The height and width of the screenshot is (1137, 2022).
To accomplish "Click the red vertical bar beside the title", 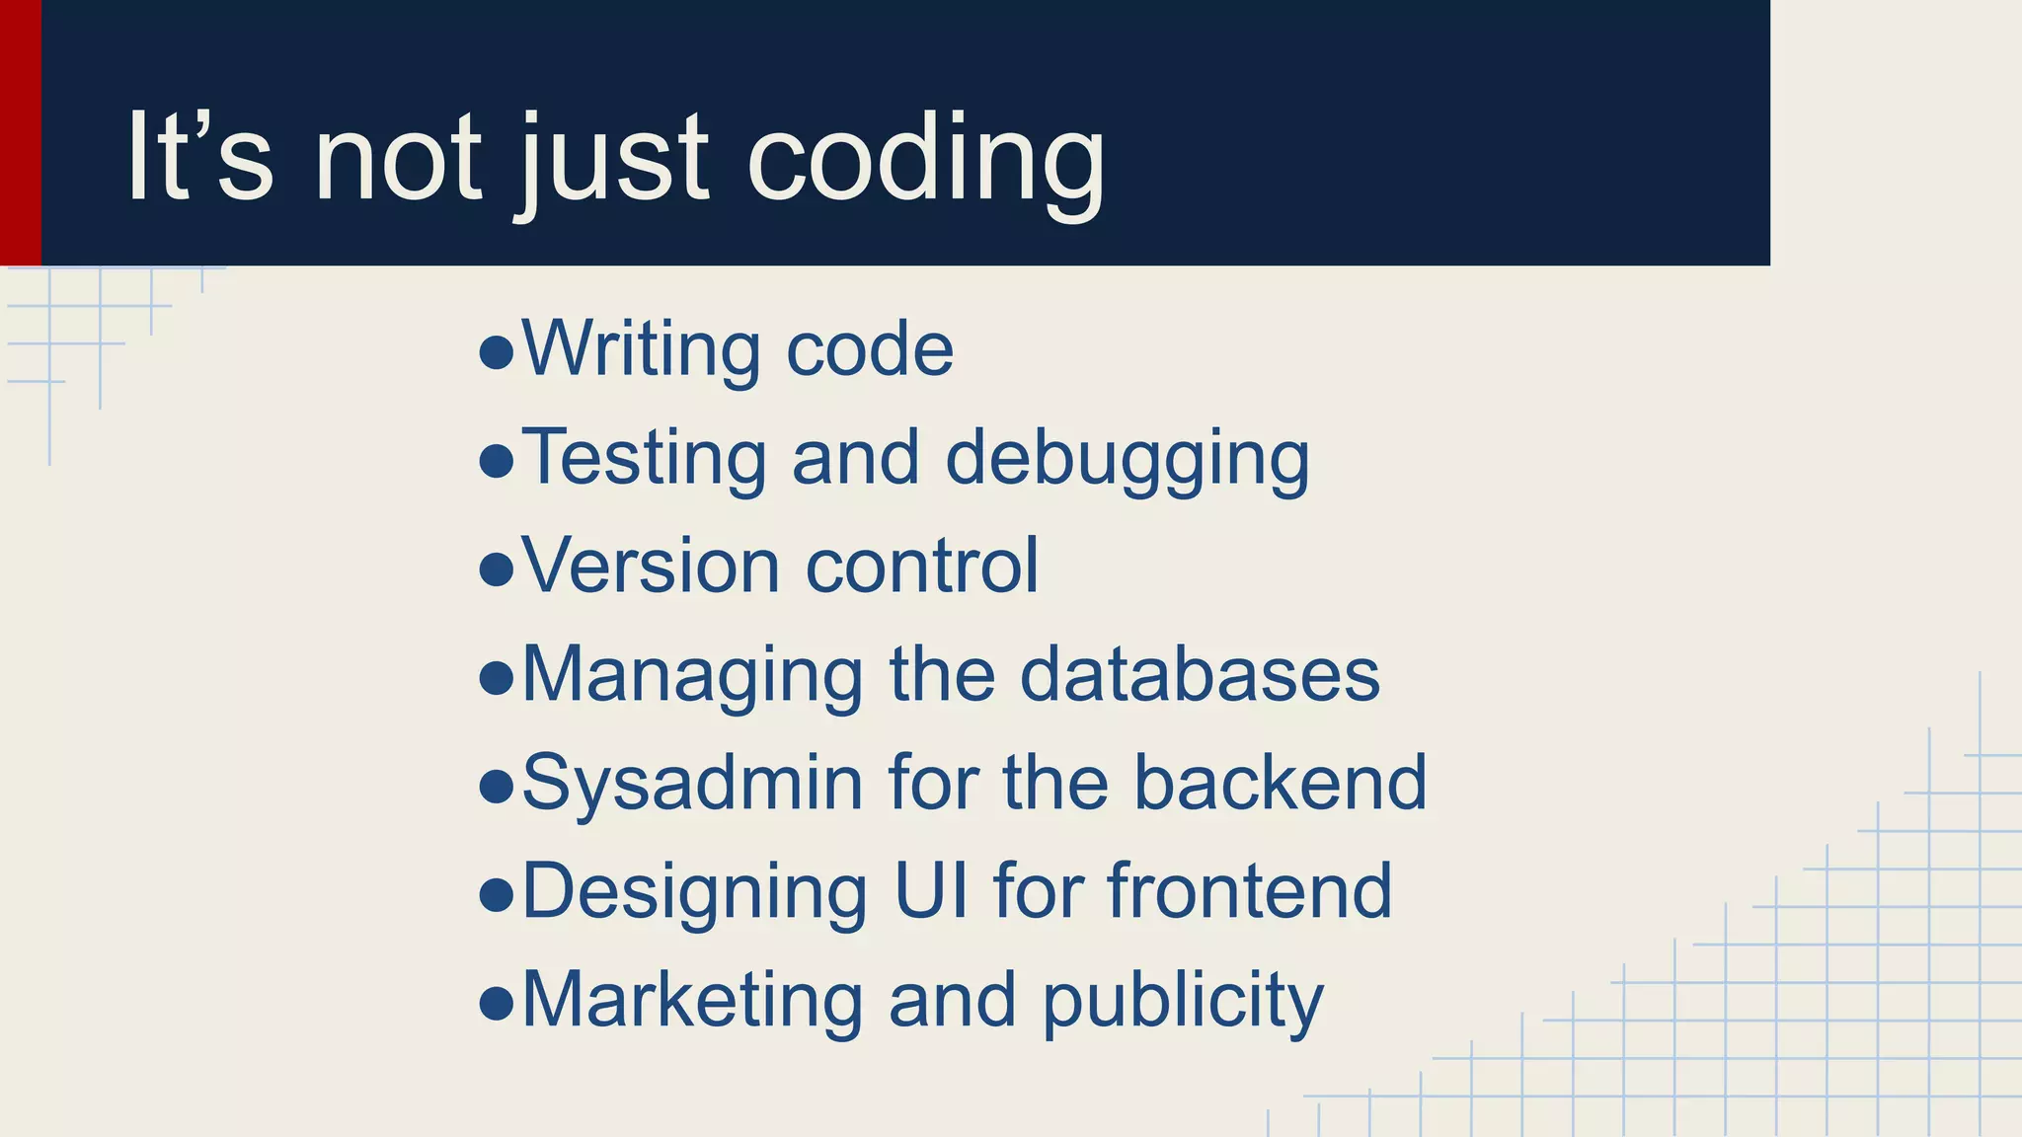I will [x=20, y=132].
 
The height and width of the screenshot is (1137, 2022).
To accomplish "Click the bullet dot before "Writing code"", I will [x=496, y=351].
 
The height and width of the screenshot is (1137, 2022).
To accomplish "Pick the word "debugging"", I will [x=1128, y=460].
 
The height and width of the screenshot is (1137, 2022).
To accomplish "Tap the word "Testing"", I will [x=643, y=458].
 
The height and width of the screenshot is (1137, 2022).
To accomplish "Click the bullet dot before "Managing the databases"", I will [x=496, y=678].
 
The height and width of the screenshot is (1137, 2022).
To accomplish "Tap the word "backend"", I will [x=1280, y=784].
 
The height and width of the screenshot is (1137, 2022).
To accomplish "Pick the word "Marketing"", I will [x=692, y=1000].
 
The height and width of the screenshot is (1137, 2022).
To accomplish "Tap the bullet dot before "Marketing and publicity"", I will [x=496, y=1004].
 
